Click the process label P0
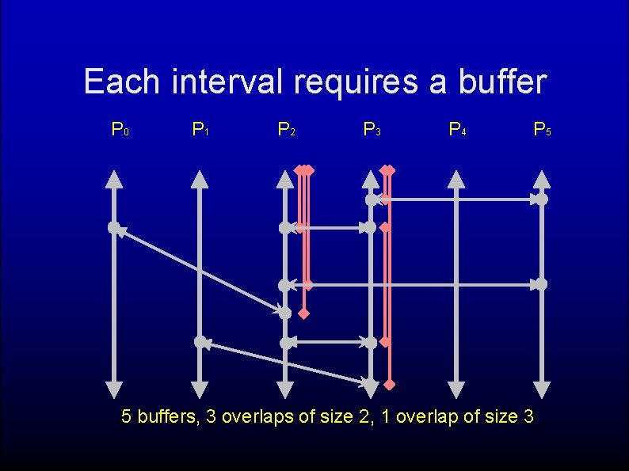point(120,128)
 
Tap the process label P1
point(200,128)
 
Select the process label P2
point(286,128)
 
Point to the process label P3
point(372,128)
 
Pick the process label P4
point(457,128)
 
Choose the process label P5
point(543,128)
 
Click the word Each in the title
point(121,82)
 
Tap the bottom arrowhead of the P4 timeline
point(456,389)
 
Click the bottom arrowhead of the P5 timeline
point(542,389)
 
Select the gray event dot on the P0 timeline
point(114,228)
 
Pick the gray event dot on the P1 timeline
point(200,342)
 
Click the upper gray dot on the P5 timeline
point(542,199)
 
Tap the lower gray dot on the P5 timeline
point(542,283)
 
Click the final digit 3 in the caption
point(528,416)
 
